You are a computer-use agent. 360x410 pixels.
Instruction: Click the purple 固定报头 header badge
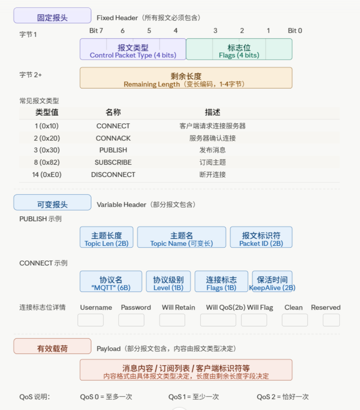(52, 16)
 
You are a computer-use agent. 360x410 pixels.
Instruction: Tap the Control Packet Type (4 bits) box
(133, 49)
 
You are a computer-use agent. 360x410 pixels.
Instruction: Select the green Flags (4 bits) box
(239, 49)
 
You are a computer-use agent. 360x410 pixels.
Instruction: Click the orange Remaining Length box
(186, 78)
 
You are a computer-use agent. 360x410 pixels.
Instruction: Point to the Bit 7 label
(96, 31)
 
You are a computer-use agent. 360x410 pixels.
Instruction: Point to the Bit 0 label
(295, 31)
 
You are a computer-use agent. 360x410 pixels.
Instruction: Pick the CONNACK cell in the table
(113, 138)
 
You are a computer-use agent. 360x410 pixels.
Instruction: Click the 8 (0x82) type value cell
(47, 162)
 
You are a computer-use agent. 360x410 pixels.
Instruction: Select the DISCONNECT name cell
(113, 174)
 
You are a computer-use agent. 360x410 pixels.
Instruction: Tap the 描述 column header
(212, 112)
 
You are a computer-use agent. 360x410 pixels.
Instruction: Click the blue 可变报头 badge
(52, 202)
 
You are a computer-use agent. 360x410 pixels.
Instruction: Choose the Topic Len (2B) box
(107, 237)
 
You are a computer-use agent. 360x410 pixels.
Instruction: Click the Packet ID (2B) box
(261, 237)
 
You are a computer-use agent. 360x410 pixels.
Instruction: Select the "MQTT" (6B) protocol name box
(111, 281)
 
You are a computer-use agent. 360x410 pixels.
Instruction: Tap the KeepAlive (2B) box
(272, 281)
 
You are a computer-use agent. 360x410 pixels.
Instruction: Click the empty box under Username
(90, 320)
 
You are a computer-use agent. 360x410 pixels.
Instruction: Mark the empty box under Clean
(295, 320)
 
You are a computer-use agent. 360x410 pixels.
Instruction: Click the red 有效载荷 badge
(52, 346)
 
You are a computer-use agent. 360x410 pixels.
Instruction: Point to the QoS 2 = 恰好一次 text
(283, 396)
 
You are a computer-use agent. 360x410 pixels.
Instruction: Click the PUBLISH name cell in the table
(113, 150)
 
